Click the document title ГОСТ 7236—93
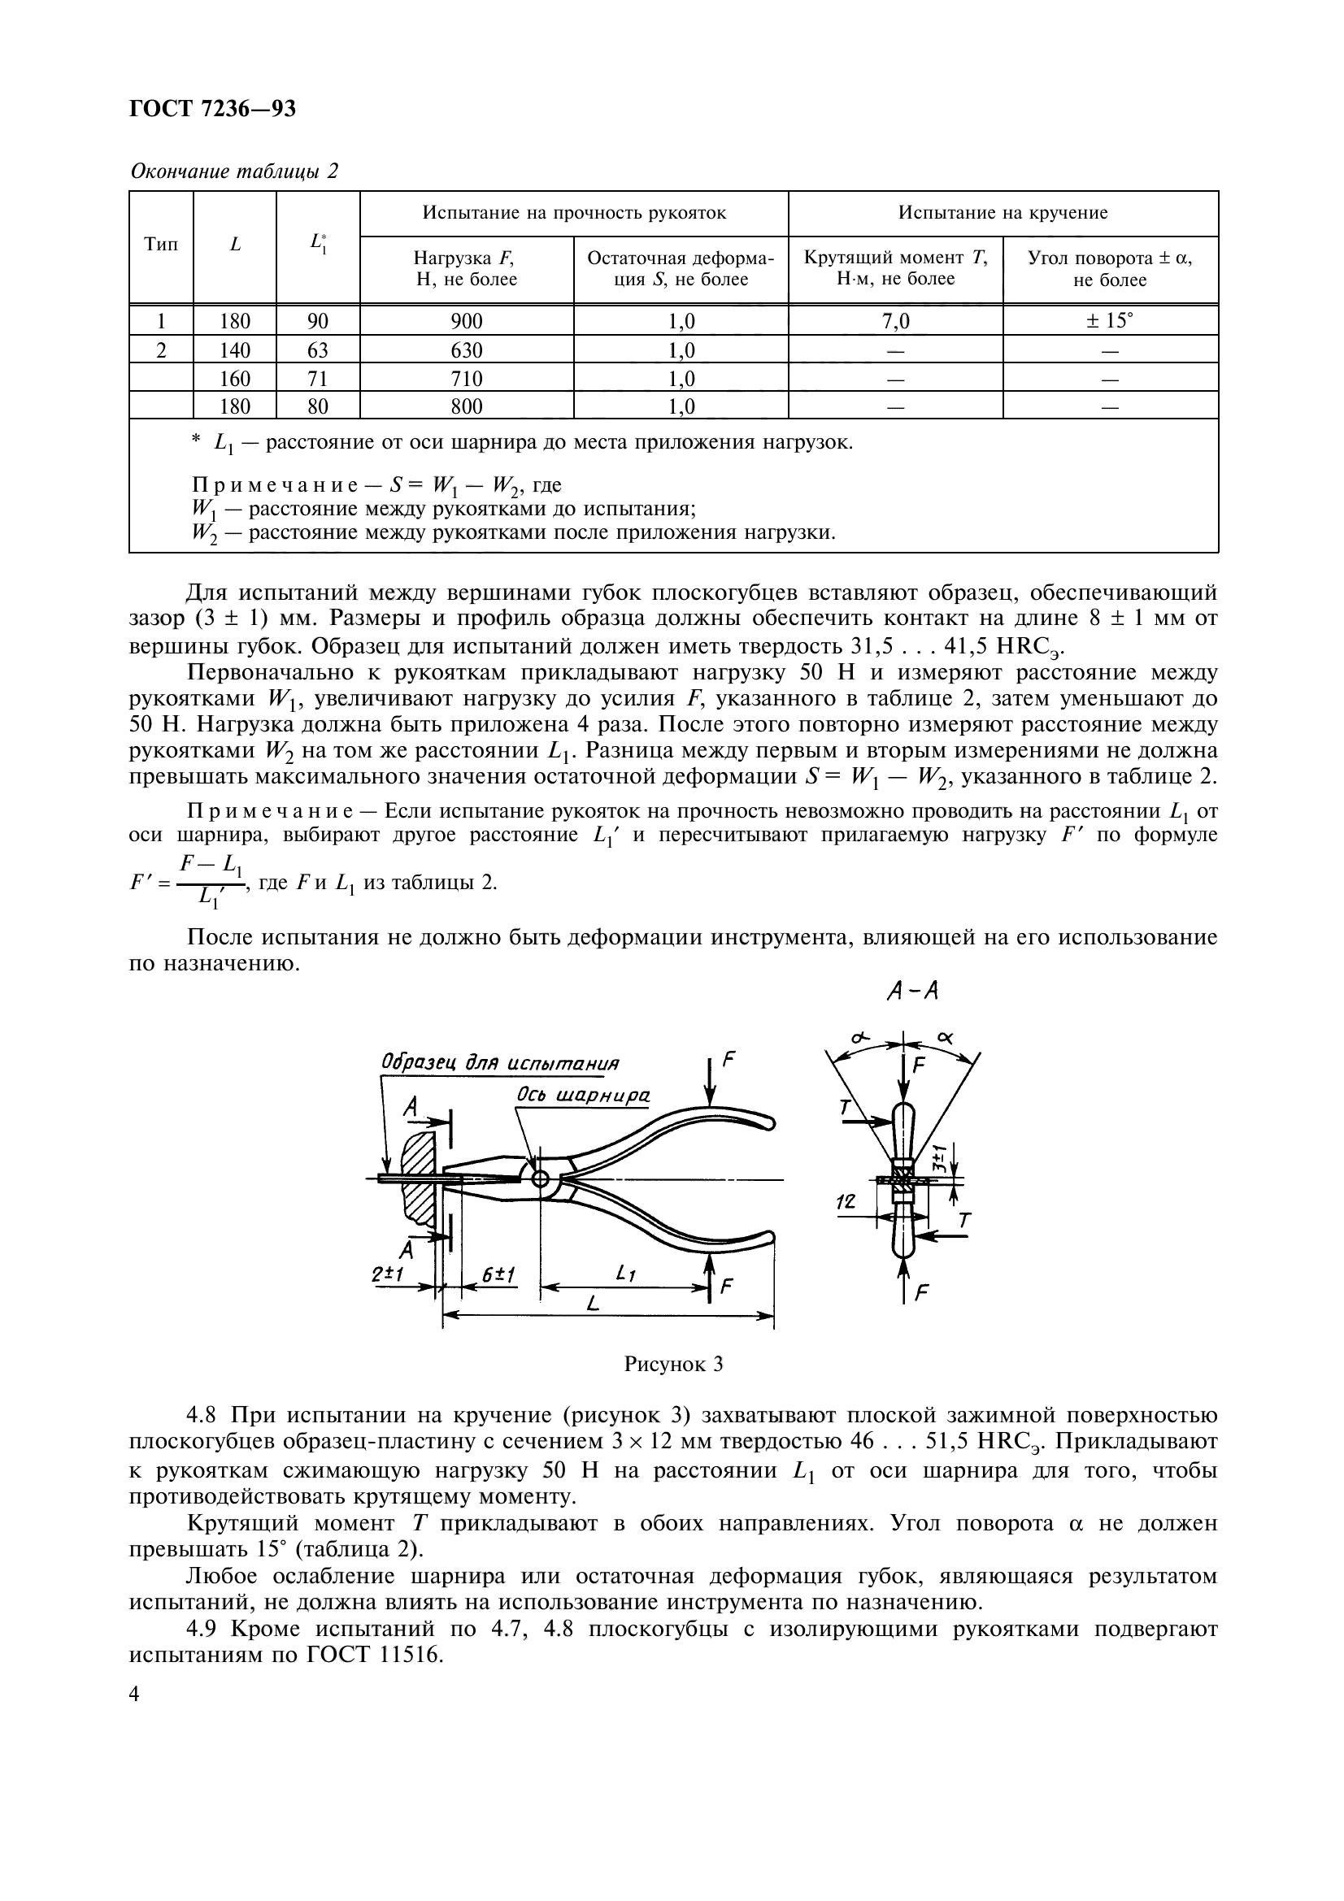(x=213, y=109)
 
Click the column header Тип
(x=161, y=245)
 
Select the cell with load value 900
(x=466, y=321)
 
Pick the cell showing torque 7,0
(x=895, y=321)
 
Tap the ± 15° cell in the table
(x=1110, y=321)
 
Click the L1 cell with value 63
(x=318, y=350)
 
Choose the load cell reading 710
(x=466, y=379)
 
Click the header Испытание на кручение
(x=1003, y=214)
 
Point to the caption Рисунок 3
(x=673, y=1364)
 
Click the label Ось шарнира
(x=582, y=1096)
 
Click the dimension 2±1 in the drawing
(x=388, y=1276)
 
